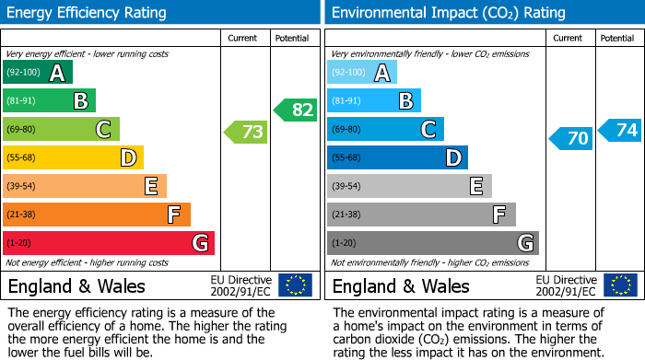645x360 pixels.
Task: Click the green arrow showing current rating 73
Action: (246, 133)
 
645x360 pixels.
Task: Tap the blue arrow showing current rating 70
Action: (570, 138)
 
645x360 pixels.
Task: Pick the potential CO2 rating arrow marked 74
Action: (620, 130)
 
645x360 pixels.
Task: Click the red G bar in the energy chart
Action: (109, 243)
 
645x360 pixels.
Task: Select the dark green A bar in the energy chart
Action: (38, 73)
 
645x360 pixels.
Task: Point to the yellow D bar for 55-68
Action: (73, 157)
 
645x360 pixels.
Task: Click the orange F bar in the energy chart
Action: (97, 215)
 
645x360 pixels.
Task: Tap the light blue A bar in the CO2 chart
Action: (362, 73)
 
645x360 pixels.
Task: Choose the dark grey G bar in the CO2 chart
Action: (432, 243)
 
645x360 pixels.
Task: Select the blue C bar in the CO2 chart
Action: (385, 130)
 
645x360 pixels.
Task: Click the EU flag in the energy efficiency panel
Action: (295, 285)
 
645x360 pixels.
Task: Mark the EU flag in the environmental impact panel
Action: (619, 285)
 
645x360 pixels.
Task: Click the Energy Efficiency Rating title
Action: (88, 13)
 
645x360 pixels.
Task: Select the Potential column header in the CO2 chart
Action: (617, 38)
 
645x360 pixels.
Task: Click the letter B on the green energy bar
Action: (80, 101)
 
